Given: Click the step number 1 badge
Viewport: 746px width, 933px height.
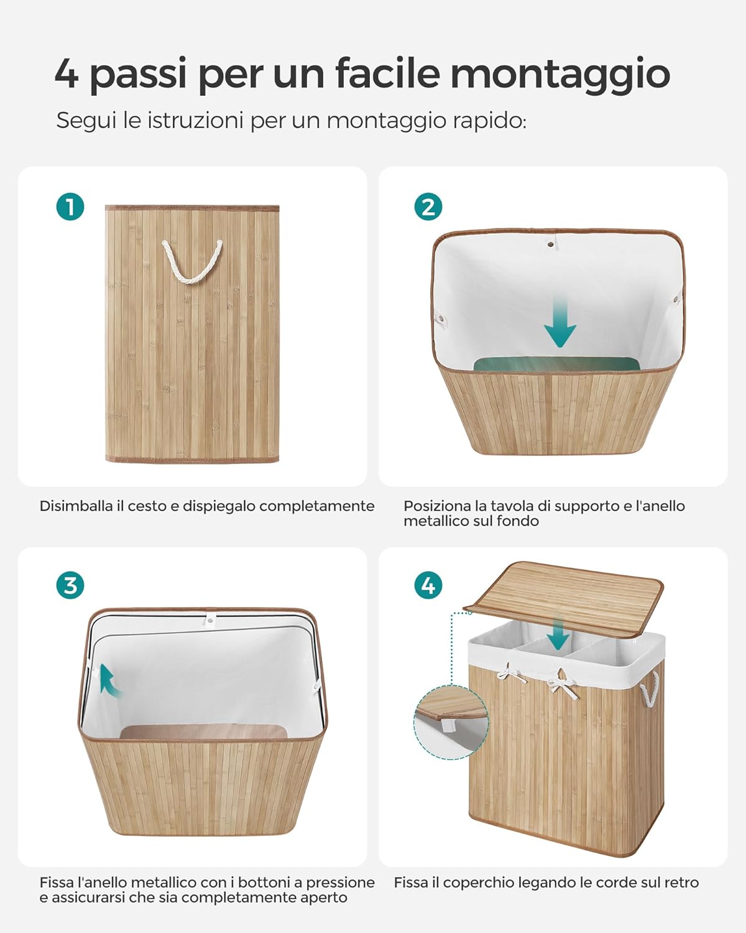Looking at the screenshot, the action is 70,207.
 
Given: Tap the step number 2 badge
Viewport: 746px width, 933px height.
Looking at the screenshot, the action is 428,207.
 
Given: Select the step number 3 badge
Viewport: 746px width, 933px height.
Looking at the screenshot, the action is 70,585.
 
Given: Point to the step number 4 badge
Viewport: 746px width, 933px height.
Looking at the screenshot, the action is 428,585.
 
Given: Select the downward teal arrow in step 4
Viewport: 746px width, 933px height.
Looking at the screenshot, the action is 558,634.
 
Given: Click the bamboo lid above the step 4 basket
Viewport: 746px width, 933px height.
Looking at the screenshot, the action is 563,600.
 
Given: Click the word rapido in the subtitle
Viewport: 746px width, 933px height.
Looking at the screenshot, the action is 490,121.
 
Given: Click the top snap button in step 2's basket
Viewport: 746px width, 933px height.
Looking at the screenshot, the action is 551,243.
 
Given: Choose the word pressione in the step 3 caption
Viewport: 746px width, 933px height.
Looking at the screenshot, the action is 339,883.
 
